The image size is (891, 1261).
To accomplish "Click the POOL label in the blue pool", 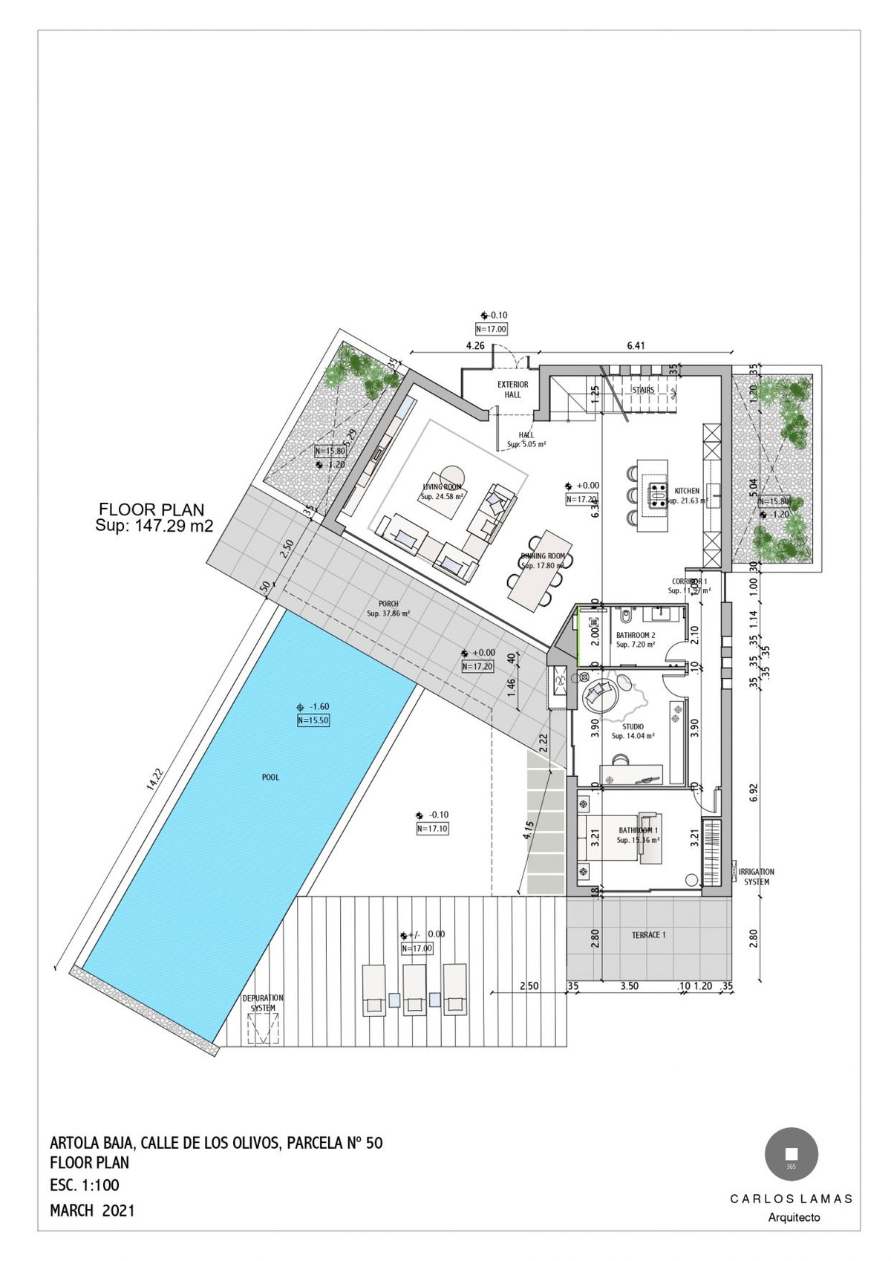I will [x=270, y=778].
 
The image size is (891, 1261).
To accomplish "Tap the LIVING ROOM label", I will [x=442, y=487].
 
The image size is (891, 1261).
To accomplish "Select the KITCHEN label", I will [x=687, y=491].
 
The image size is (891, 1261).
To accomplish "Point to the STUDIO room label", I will [x=633, y=727].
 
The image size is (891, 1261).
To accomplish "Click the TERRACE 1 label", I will [x=648, y=935].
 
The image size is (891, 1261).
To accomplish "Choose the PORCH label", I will [x=388, y=605].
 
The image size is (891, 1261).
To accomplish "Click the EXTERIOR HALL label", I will [x=512, y=389].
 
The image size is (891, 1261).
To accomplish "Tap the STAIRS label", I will [x=643, y=390].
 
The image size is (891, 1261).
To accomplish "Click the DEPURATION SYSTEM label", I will [x=263, y=1003].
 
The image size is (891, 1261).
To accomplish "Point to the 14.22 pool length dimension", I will [x=153, y=778].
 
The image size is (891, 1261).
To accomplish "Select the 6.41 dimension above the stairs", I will [x=636, y=345].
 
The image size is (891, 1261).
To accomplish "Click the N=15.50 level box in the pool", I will [x=313, y=720].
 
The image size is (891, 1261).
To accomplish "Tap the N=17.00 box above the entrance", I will [x=491, y=329].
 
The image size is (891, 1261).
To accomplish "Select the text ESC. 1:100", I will [x=84, y=1185].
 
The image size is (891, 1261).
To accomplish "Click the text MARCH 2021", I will [x=92, y=1211].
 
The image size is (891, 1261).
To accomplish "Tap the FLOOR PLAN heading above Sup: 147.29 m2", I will [x=151, y=510].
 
